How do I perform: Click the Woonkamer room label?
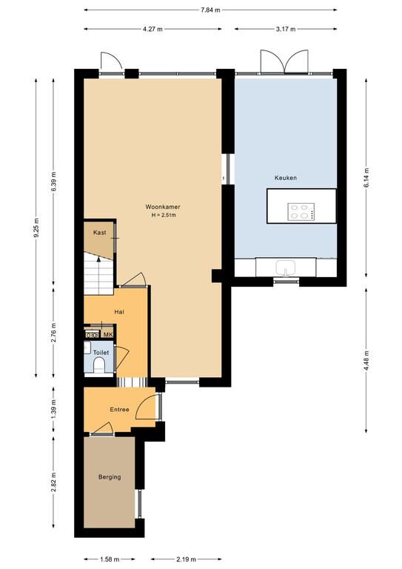(x=163, y=207)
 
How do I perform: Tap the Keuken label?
(x=286, y=178)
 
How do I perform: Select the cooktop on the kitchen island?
(x=301, y=212)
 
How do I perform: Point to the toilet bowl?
(x=99, y=365)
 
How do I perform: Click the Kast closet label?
(x=99, y=232)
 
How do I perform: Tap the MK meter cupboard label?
(x=108, y=335)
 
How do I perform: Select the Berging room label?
(x=110, y=477)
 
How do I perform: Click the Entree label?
(x=119, y=409)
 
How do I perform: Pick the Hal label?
(x=119, y=312)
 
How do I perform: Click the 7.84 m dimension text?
(x=210, y=10)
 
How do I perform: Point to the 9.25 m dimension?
(x=36, y=228)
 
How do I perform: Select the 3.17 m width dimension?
(x=286, y=29)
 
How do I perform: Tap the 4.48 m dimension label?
(x=366, y=361)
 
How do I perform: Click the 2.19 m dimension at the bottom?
(x=187, y=559)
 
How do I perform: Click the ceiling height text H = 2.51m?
(x=164, y=215)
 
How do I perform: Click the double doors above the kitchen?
(x=284, y=62)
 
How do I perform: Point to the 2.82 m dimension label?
(x=53, y=482)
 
